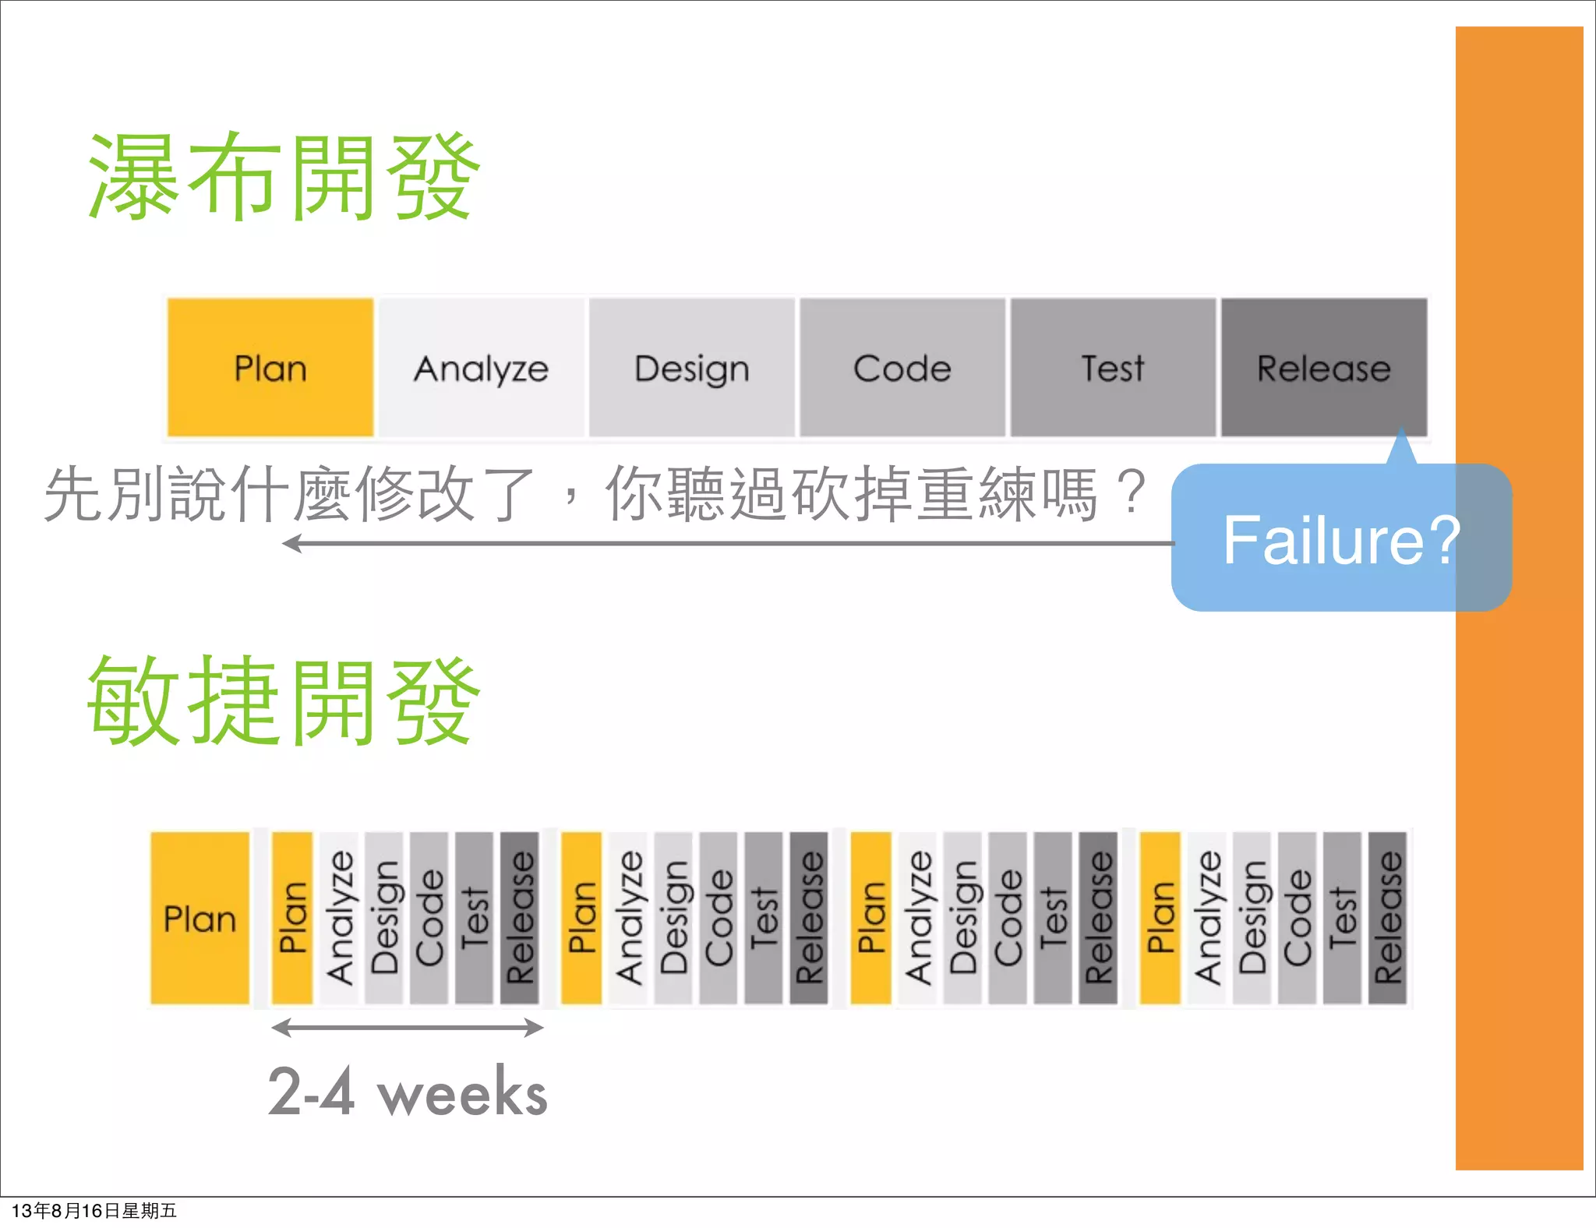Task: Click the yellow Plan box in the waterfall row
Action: coord(270,368)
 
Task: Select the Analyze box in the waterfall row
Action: coord(482,368)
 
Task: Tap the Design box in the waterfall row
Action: coord(692,368)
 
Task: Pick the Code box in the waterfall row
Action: coord(902,368)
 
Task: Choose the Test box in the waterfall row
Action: coord(1113,368)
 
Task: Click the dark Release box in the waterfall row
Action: coord(1324,368)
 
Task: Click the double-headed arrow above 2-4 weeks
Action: coord(408,1027)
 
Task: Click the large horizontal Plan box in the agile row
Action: coord(200,919)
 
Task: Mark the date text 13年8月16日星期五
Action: coord(94,1211)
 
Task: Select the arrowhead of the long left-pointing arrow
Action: coord(291,543)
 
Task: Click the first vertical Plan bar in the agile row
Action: coord(292,919)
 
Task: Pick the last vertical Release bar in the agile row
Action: coord(1387,919)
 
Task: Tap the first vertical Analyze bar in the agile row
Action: coord(338,919)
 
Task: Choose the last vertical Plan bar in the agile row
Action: coord(1160,919)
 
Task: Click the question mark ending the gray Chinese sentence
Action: coord(1130,492)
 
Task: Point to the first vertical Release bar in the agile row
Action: coord(520,919)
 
